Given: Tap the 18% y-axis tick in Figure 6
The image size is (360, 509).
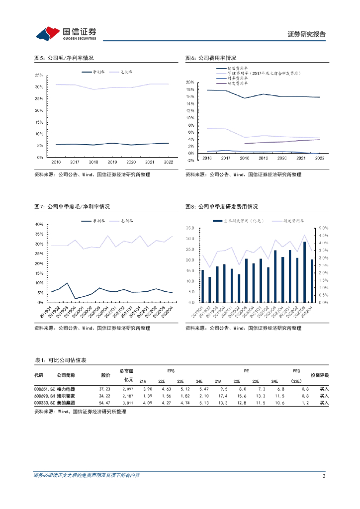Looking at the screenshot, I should [x=189, y=89].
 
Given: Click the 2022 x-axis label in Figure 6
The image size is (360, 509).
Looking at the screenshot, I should [x=319, y=158].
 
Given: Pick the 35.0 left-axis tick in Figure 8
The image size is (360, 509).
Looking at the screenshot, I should [x=189, y=228].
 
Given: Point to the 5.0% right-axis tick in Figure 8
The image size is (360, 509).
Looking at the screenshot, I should [x=323, y=228].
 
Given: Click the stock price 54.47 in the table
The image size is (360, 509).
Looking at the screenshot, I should [x=104, y=403].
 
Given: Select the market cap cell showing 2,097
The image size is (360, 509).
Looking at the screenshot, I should [x=127, y=388].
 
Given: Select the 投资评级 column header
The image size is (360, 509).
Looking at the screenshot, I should [x=320, y=375].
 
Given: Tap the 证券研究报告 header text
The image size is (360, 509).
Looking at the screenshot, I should [x=307, y=34].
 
